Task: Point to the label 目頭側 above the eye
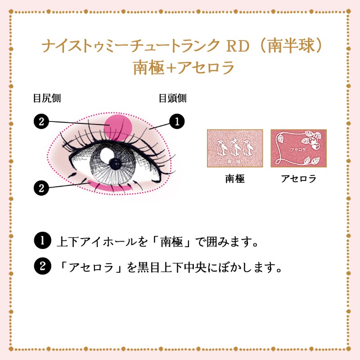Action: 172,98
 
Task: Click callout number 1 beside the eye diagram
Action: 177,121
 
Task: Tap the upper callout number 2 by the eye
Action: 41,121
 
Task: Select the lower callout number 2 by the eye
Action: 41,188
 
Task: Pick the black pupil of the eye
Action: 115,163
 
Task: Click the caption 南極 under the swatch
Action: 234,179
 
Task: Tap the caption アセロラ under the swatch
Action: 298,179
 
